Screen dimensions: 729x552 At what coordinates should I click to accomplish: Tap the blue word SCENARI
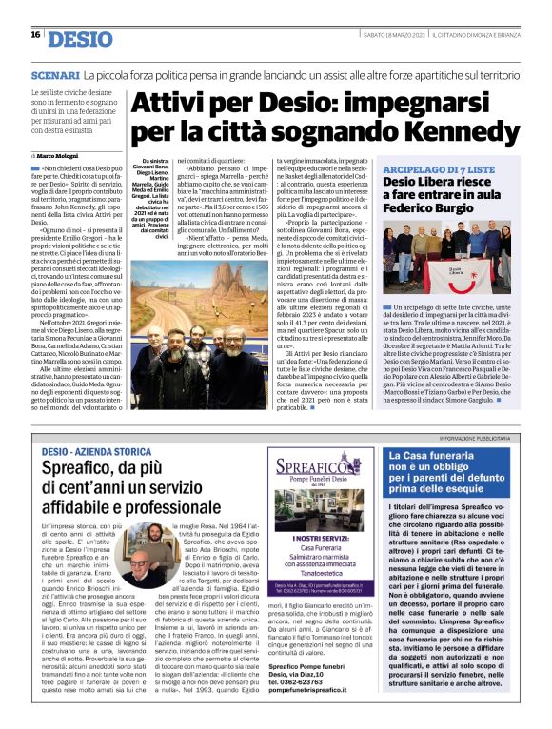pyautogui.click(x=54, y=74)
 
